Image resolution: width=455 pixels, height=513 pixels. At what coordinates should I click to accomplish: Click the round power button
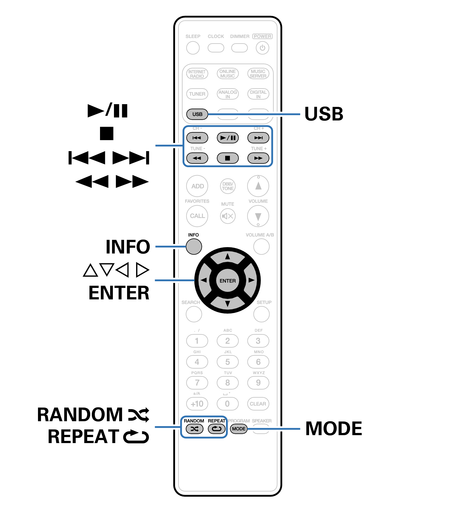[262, 48]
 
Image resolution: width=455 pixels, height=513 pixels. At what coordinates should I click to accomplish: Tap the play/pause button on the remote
[228, 138]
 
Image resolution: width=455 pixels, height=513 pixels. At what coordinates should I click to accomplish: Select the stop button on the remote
[228, 158]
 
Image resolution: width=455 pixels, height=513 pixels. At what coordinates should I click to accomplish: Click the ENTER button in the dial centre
[228, 281]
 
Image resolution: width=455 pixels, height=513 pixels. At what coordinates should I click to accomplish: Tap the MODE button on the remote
[239, 429]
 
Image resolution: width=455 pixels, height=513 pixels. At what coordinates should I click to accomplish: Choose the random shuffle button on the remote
[194, 429]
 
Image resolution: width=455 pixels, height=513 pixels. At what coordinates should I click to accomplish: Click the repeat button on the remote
[217, 429]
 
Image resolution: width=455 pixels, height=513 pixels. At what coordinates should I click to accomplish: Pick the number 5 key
[228, 362]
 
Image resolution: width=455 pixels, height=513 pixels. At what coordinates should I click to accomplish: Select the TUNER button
[197, 94]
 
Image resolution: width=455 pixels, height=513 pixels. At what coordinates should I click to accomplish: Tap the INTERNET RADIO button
[197, 74]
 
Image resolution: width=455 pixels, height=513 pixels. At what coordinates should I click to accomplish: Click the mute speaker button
[228, 216]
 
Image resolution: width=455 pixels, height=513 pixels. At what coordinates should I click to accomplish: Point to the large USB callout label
[324, 114]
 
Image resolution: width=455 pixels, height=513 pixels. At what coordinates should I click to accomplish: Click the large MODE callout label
[334, 429]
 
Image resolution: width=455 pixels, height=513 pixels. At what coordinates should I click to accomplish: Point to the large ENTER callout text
[119, 293]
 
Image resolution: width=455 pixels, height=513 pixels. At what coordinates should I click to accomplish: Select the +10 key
[197, 404]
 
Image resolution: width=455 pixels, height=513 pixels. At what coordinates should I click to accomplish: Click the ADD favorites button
[197, 186]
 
